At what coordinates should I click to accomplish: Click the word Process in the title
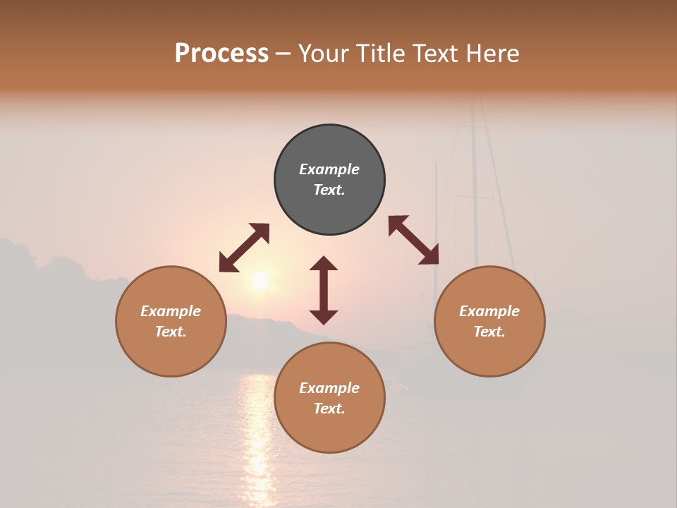point(221,54)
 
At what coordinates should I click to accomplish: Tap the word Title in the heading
point(379,54)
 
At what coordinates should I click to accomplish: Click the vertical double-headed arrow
point(324,290)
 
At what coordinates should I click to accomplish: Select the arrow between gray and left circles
point(244,248)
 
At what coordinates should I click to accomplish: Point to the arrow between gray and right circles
point(413,240)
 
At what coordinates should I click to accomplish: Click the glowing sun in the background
point(260,281)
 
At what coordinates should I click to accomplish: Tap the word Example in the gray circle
point(329,169)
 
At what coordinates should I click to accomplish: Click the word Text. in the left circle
point(171,332)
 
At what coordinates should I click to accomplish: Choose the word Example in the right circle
point(489,311)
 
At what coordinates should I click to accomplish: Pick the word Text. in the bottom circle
point(329,409)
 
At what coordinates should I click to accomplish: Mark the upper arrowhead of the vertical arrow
point(324,264)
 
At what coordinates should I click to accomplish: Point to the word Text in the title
point(434,54)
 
